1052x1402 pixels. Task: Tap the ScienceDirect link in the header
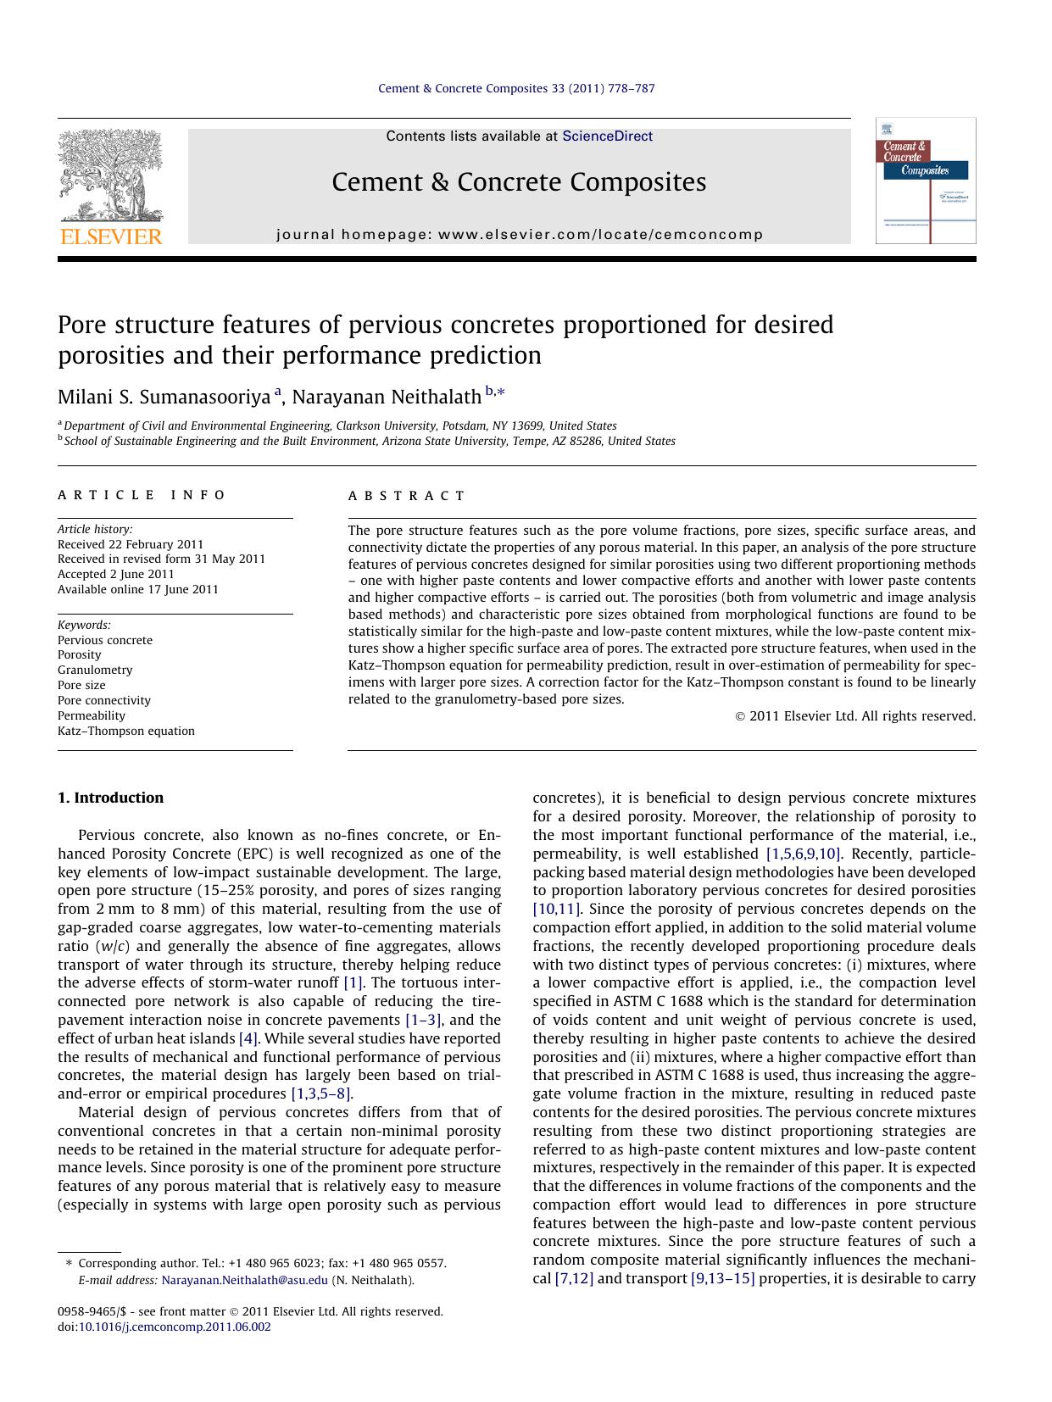coord(607,136)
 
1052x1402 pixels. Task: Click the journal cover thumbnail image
coord(925,181)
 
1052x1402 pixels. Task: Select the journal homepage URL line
coord(520,235)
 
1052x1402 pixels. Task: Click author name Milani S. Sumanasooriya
coord(164,397)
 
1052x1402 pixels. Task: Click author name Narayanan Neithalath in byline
coord(387,397)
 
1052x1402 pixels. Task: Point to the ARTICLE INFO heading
coord(142,495)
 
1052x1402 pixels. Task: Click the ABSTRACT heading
coord(406,496)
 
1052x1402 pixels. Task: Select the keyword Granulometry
coord(95,670)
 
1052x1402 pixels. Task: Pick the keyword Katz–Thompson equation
coord(126,731)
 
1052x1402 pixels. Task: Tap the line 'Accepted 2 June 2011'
coord(116,574)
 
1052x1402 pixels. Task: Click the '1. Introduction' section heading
coord(110,798)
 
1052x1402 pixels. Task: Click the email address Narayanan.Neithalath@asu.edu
coord(244,1280)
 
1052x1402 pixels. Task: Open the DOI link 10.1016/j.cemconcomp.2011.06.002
coord(175,1327)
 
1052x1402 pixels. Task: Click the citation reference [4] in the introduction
coord(248,1038)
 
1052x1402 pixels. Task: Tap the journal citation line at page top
coord(515,88)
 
